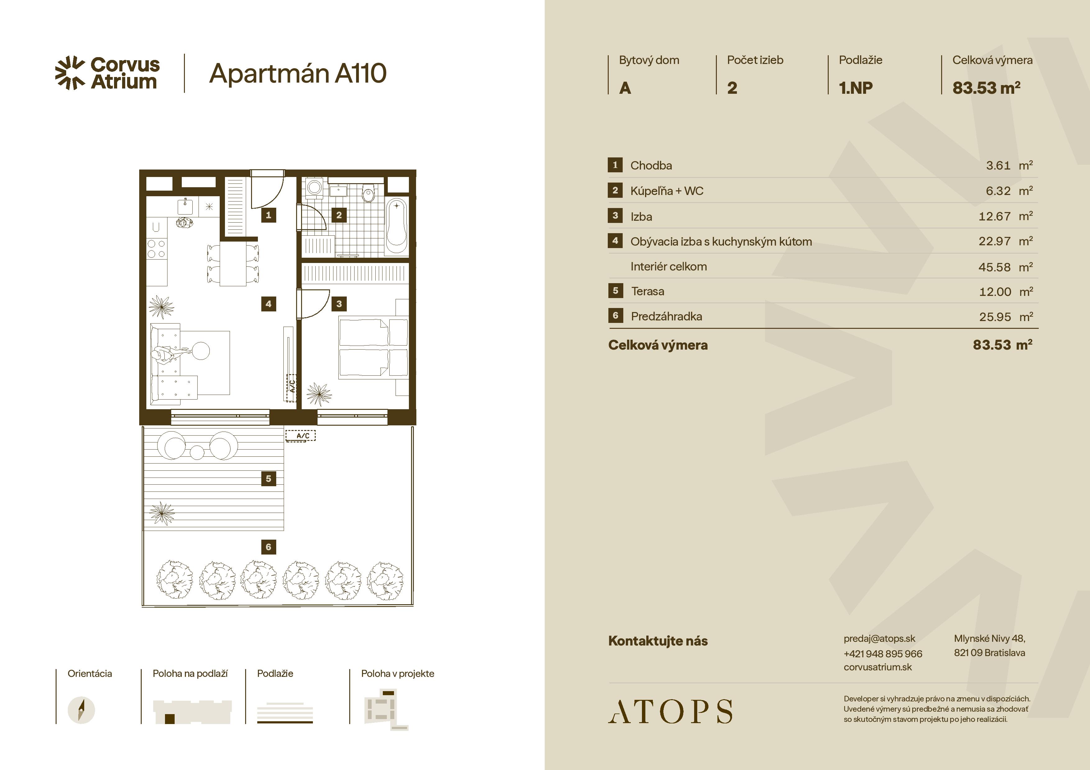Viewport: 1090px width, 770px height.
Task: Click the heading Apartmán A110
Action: point(298,74)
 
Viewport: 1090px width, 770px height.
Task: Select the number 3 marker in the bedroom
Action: point(339,304)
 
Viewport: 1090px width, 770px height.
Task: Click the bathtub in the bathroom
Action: point(396,226)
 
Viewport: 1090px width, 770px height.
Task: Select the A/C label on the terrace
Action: point(300,436)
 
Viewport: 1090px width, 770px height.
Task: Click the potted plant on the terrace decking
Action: point(162,513)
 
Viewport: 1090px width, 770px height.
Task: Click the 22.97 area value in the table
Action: point(995,242)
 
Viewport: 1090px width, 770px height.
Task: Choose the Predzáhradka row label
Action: point(666,316)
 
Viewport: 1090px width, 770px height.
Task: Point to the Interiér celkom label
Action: point(668,267)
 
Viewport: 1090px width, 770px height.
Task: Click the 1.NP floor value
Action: point(855,88)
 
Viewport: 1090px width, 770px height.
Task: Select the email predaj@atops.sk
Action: point(879,639)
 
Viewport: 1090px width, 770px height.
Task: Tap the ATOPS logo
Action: point(670,711)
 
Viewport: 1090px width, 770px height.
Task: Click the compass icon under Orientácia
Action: point(81,710)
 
